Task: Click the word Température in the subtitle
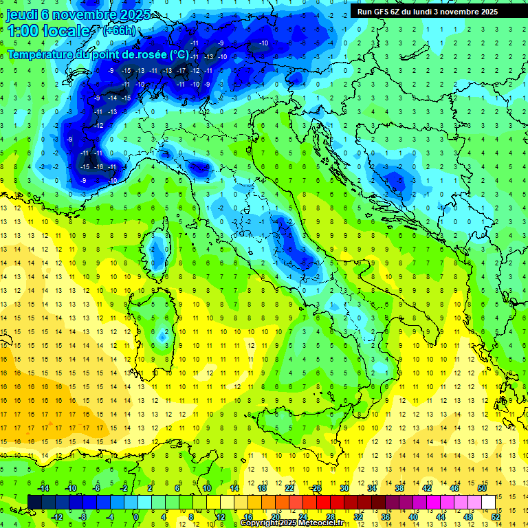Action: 41,54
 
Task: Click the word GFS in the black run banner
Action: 384,12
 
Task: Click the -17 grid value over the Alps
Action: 181,71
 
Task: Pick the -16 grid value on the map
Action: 98,167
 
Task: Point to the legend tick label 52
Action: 495,517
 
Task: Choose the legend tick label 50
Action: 481,487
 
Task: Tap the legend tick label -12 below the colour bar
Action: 57,517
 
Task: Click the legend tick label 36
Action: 385,517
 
